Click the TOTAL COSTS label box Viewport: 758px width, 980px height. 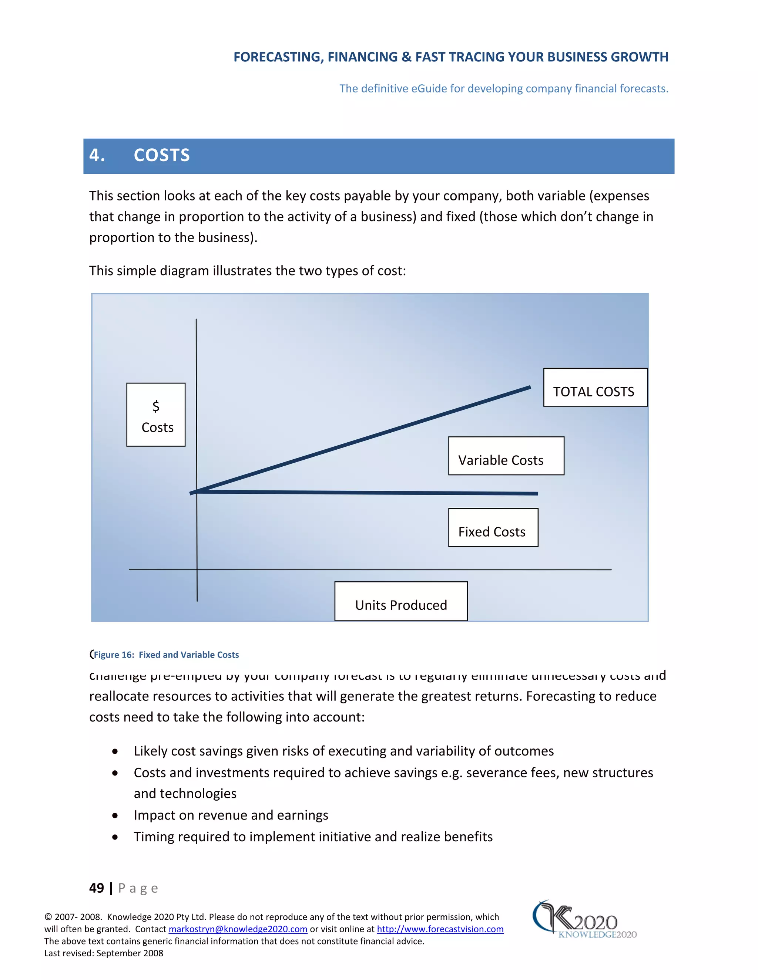[x=595, y=388]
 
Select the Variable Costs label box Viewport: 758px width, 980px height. [x=506, y=456]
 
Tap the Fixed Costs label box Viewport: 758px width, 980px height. [x=493, y=528]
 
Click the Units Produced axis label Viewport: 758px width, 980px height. [x=401, y=602]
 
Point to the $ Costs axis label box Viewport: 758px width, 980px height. [x=156, y=415]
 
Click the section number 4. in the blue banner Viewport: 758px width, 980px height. [x=97, y=155]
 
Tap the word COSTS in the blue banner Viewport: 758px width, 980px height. [x=162, y=155]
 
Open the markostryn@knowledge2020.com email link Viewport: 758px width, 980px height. [x=238, y=929]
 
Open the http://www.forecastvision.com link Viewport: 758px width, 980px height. [x=440, y=929]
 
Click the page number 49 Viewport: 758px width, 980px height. [x=97, y=888]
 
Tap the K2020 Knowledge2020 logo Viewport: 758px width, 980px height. [x=584, y=920]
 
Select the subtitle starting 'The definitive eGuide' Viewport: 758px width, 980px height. [x=503, y=88]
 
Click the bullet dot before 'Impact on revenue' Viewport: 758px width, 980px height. [x=115, y=816]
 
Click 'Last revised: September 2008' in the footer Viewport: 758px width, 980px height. [x=104, y=953]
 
